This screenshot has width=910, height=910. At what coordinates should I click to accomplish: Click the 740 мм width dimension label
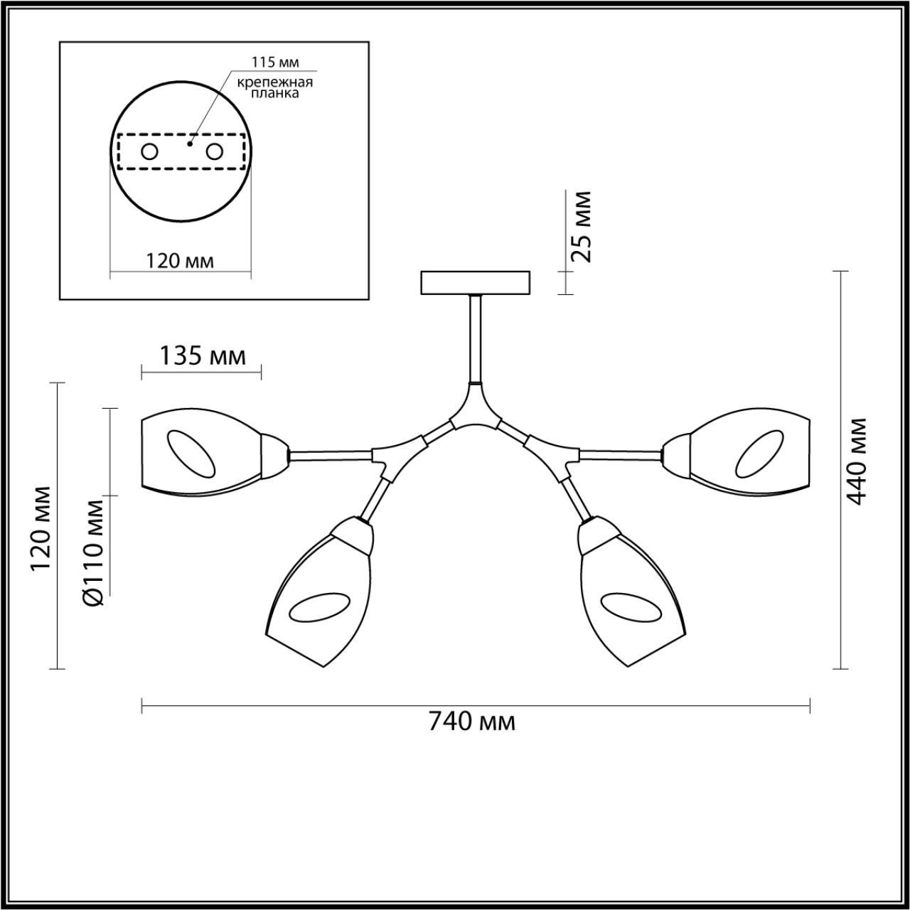point(471,722)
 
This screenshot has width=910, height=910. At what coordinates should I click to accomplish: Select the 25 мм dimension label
point(582,227)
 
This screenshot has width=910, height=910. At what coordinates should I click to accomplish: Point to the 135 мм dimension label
point(201,355)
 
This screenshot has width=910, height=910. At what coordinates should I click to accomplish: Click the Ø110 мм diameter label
point(93,552)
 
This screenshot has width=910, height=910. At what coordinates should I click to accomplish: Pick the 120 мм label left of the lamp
point(41,530)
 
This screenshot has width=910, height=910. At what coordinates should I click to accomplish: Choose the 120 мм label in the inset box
point(180,261)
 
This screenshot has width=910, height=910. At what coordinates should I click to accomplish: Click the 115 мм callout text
point(272,63)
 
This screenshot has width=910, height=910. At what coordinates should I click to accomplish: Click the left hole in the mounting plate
point(149,151)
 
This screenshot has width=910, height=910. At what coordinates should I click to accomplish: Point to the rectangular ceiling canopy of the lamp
point(476,282)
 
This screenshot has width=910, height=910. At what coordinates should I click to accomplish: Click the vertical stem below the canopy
point(474,338)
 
